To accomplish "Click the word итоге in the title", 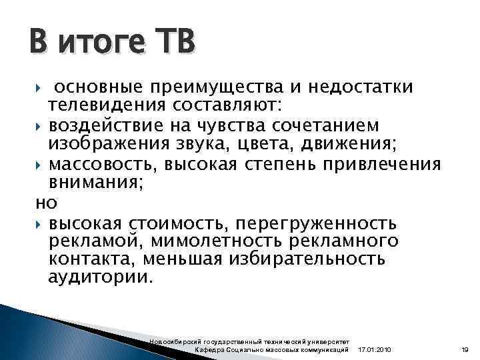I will coord(104,44).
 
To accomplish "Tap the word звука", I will coord(231,143).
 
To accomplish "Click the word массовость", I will coord(101,164).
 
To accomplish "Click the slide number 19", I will coord(465,350).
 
